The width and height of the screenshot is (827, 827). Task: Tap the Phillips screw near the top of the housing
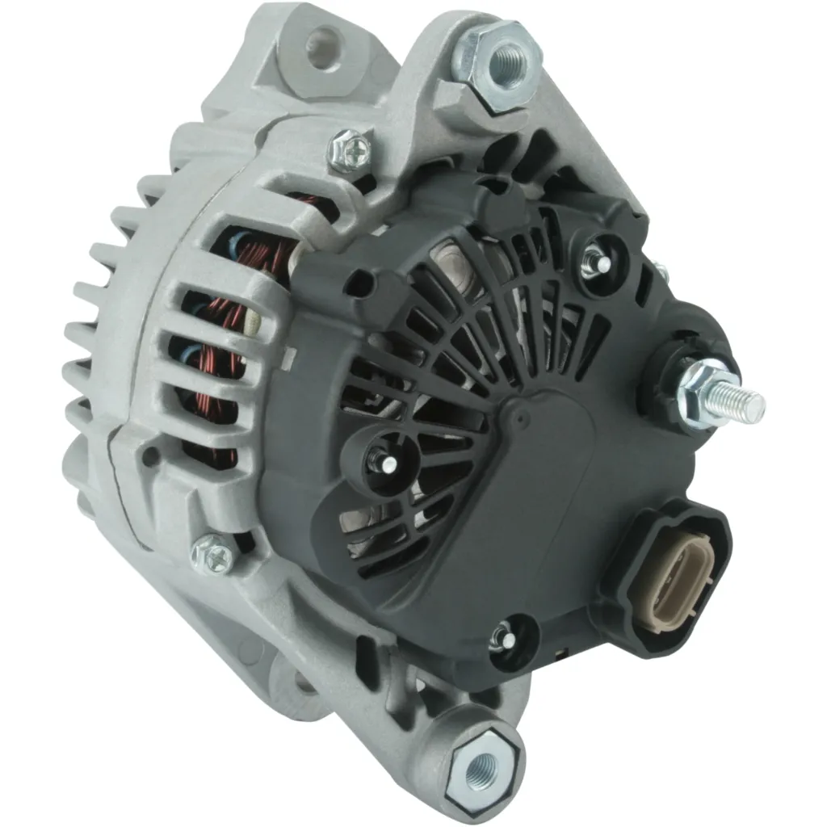350,149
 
